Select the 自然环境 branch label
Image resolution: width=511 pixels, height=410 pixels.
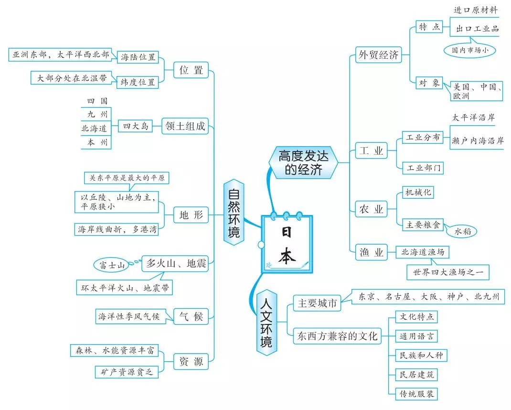(x=234, y=213)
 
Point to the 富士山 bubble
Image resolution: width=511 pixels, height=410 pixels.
(x=112, y=264)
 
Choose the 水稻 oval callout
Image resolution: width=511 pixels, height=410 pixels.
(x=462, y=232)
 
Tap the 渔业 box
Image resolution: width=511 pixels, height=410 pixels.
(x=371, y=253)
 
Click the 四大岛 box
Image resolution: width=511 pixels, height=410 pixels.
(x=136, y=127)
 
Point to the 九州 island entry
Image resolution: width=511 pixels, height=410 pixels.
(x=97, y=114)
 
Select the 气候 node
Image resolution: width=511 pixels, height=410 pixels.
(x=191, y=316)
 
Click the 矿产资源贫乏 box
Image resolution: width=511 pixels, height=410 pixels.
(x=123, y=371)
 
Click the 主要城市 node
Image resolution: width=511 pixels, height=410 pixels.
(x=317, y=303)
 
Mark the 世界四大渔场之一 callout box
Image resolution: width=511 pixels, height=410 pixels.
(x=447, y=272)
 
